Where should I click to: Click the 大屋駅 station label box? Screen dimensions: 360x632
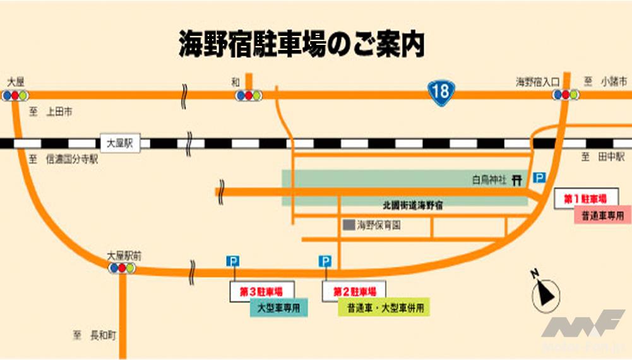point(120,143)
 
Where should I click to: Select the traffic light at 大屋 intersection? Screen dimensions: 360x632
point(15,95)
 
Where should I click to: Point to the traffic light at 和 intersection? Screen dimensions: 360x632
point(248,95)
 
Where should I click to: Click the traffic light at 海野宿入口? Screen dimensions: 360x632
point(565,95)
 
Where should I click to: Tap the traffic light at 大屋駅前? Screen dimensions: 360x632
point(121,268)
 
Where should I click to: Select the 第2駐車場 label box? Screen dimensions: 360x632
point(354,292)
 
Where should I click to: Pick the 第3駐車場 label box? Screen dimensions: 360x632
point(261,292)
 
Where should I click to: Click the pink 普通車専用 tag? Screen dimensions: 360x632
point(602,215)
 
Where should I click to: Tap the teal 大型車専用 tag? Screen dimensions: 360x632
point(278,308)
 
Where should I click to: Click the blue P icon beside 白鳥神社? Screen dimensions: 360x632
point(539,179)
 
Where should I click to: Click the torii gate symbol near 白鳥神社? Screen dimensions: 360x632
point(517,180)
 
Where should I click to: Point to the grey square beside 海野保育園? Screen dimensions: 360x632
point(348,224)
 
